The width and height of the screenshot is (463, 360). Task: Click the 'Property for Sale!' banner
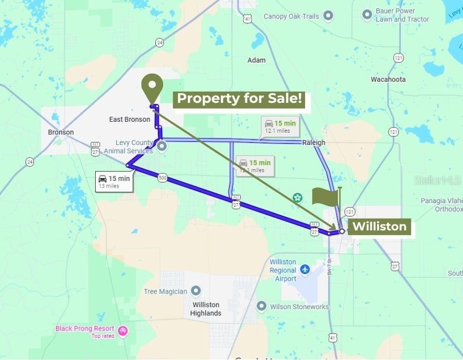[239, 98]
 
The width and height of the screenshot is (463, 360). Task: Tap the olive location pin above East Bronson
[152, 88]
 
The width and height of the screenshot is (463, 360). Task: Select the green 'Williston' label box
[380, 227]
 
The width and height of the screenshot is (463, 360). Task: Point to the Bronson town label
[61, 132]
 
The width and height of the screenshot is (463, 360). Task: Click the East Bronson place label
[130, 119]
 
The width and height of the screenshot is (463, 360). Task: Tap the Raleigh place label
[314, 142]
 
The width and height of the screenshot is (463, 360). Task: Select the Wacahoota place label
[388, 79]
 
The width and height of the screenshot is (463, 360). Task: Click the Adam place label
[257, 60]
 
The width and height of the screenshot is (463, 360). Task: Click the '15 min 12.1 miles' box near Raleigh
[278, 127]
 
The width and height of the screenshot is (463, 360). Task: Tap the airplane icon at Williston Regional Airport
[306, 269]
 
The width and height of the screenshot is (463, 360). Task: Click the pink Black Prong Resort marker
[122, 330]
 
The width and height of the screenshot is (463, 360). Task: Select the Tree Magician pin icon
[195, 291]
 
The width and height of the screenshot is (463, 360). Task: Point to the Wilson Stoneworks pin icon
[261, 307]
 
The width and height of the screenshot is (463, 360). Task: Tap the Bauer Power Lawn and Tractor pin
[367, 14]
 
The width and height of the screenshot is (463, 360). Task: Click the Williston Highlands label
[205, 309]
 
